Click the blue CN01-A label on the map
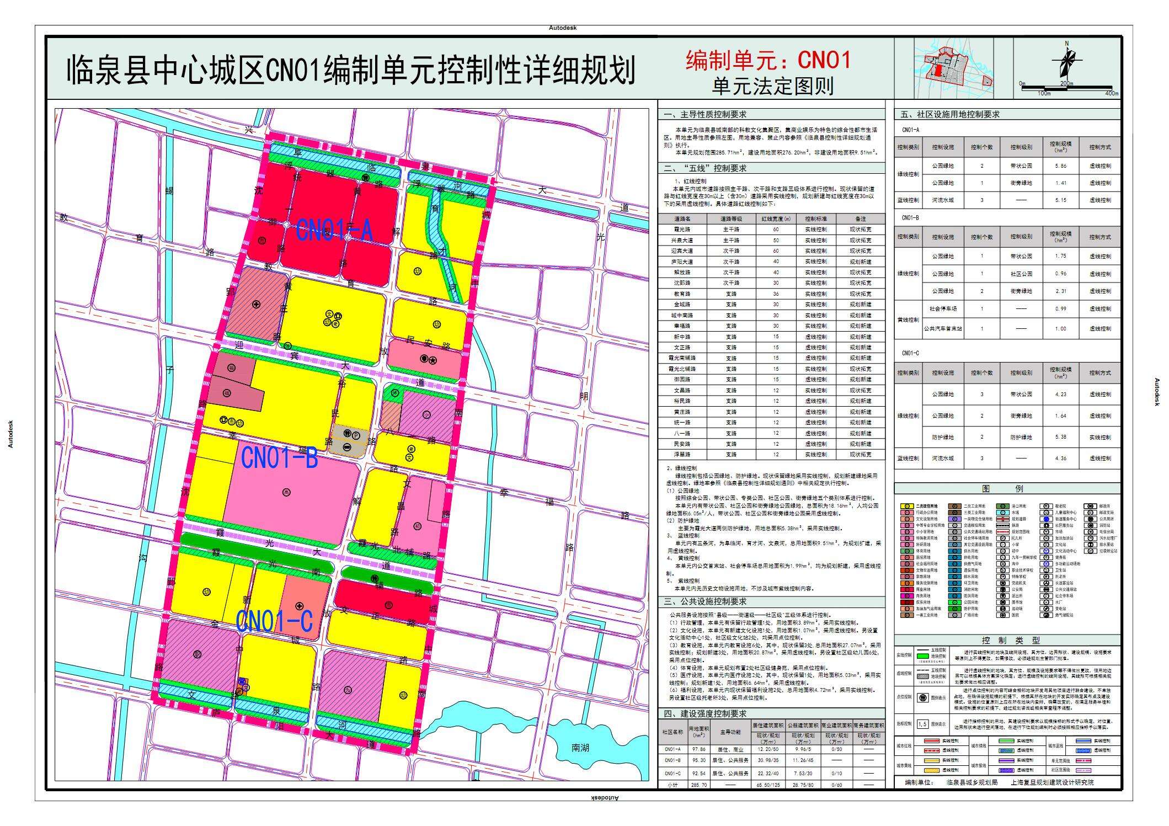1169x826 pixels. (x=334, y=230)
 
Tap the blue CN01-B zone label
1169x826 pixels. (x=280, y=458)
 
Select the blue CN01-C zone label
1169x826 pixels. (x=274, y=621)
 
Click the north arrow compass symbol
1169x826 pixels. (x=1066, y=61)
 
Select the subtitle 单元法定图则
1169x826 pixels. (x=772, y=86)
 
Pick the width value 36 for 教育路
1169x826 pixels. (x=776, y=294)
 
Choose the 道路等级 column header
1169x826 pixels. (x=731, y=219)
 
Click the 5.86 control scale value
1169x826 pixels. (x=1060, y=166)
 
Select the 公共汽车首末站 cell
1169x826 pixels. (x=943, y=329)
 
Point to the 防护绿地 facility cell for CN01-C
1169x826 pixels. (x=943, y=438)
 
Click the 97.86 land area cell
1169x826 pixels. (x=698, y=750)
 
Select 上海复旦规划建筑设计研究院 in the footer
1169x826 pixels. (x=1051, y=782)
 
